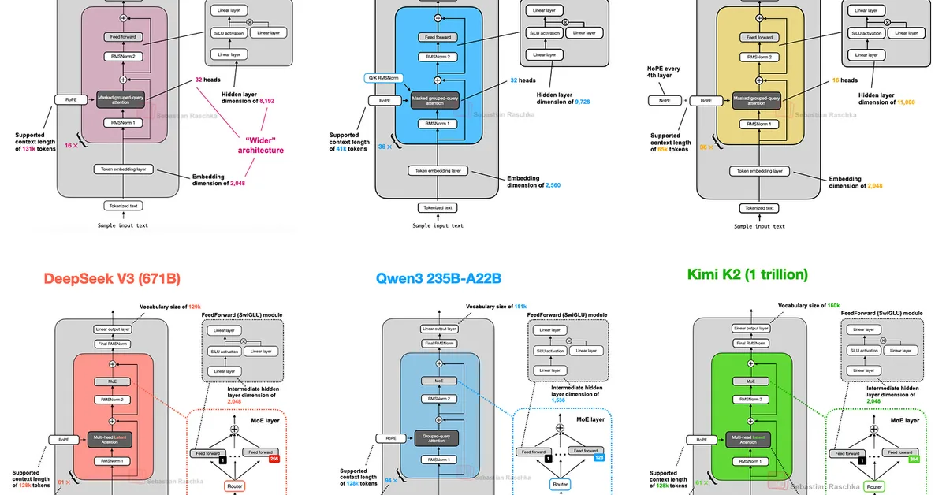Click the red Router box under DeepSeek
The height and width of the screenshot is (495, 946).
[x=234, y=486]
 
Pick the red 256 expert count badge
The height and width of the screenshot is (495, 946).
[x=276, y=457]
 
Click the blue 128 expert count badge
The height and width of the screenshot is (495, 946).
[x=598, y=457]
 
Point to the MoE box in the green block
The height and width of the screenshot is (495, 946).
[x=751, y=381]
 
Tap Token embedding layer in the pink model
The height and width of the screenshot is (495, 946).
[x=125, y=169]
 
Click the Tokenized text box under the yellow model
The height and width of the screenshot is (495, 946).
[x=759, y=208]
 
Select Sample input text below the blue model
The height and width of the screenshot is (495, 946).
[x=438, y=226]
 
